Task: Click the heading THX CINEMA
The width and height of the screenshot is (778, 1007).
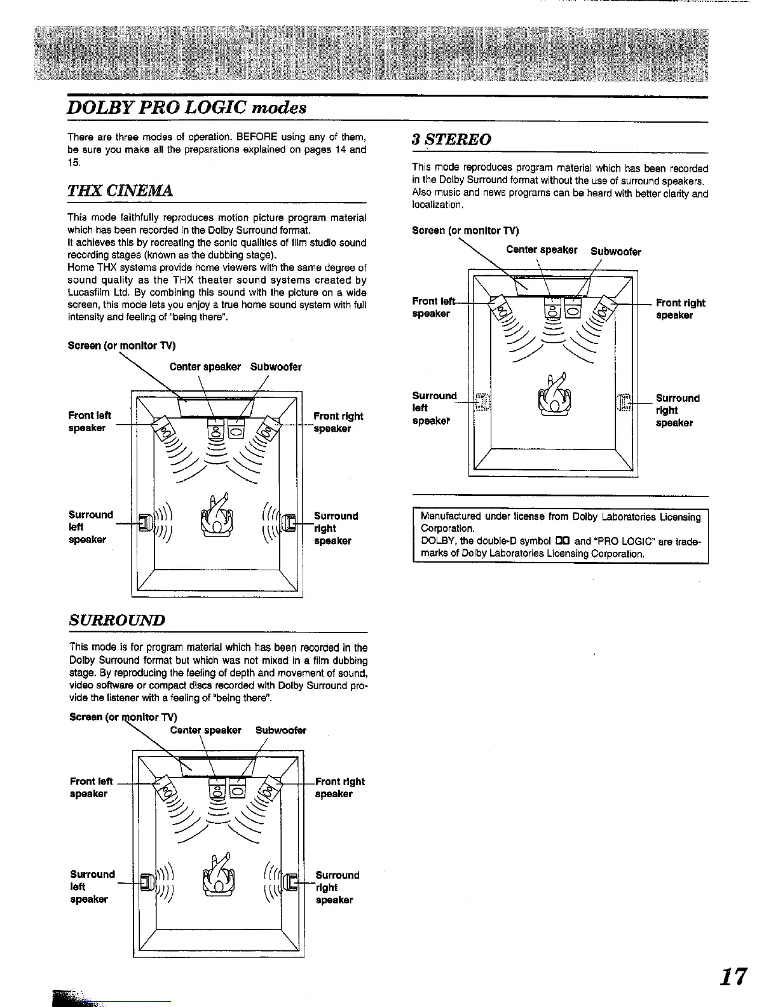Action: point(120,191)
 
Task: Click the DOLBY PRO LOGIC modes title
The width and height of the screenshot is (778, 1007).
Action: point(188,107)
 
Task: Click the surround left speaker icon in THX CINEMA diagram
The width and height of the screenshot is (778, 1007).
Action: point(144,523)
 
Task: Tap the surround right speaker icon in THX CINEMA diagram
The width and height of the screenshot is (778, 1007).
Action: point(289,523)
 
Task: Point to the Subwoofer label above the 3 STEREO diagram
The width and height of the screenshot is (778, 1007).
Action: point(615,252)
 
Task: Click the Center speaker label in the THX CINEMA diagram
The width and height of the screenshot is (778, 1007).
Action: point(205,367)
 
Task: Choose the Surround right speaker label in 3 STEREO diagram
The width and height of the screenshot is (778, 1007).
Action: point(677,410)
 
